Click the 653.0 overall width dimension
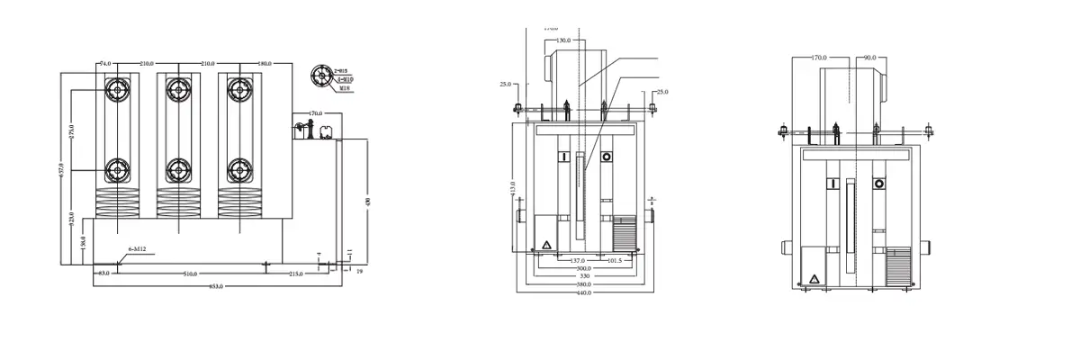point(216,286)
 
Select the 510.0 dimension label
point(191,273)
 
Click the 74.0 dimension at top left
point(105,64)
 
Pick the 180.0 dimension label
point(265,64)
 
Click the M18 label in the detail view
point(344,88)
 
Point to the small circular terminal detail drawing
point(320,76)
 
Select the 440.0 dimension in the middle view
point(584,292)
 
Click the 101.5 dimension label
point(614,261)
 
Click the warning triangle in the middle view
point(545,245)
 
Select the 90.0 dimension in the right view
point(869,58)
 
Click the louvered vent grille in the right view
point(898,267)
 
